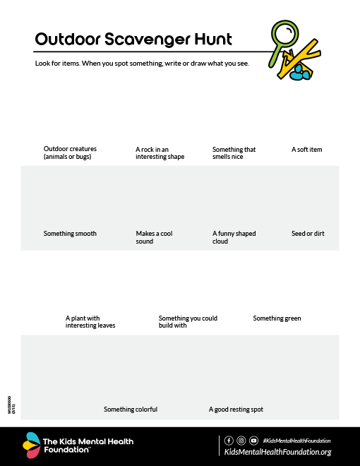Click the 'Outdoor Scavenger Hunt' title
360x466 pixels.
[x=133, y=39]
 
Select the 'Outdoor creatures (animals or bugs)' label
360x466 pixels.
[x=70, y=153]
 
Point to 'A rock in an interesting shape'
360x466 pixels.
[x=160, y=153]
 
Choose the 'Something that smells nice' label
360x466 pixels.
[x=234, y=153]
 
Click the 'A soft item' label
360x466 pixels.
[x=306, y=150]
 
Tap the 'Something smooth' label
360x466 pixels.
[x=70, y=234]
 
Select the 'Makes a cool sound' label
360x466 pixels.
[x=154, y=237]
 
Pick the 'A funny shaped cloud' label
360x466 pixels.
[x=234, y=237]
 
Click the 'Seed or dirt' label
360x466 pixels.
[x=308, y=234]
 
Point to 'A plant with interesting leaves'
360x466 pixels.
[x=90, y=322]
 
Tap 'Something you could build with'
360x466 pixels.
[x=188, y=322]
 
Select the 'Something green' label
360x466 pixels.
[x=277, y=318]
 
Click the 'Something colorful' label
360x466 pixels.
[x=131, y=410]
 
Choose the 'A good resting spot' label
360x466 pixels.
[x=236, y=410]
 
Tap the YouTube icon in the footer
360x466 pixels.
[x=253, y=441]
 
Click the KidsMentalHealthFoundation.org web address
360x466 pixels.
[x=277, y=453]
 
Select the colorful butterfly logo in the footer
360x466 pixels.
[x=31, y=445]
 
